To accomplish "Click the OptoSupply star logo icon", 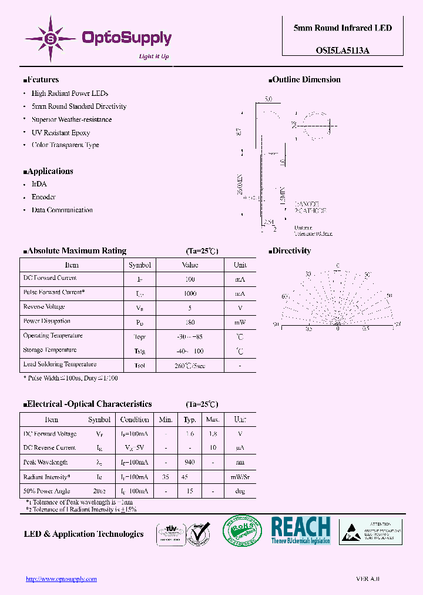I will tap(50, 39).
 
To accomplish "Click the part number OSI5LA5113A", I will tap(335, 51).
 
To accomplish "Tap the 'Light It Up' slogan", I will tap(154, 56).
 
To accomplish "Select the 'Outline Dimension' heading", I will tap(306, 80).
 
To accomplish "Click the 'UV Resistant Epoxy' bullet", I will tap(61, 133).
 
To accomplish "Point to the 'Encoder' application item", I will tap(43, 197).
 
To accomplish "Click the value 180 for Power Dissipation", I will tap(190, 322).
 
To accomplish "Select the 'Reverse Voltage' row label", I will tap(43, 307).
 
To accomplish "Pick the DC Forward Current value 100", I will tap(190, 279).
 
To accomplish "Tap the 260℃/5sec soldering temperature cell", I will tap(190, 366).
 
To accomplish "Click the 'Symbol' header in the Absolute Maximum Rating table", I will tap(140, 265).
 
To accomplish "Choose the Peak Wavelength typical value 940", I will tap(189, 463).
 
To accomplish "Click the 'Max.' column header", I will tap(212, 420).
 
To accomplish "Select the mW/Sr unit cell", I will tap(240, 477).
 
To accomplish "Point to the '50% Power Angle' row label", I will tap(46, 491).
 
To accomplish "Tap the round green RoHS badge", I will tap(242, 532).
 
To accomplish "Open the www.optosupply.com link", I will tap(61, 579).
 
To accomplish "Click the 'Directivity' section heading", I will tap(291, 251).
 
